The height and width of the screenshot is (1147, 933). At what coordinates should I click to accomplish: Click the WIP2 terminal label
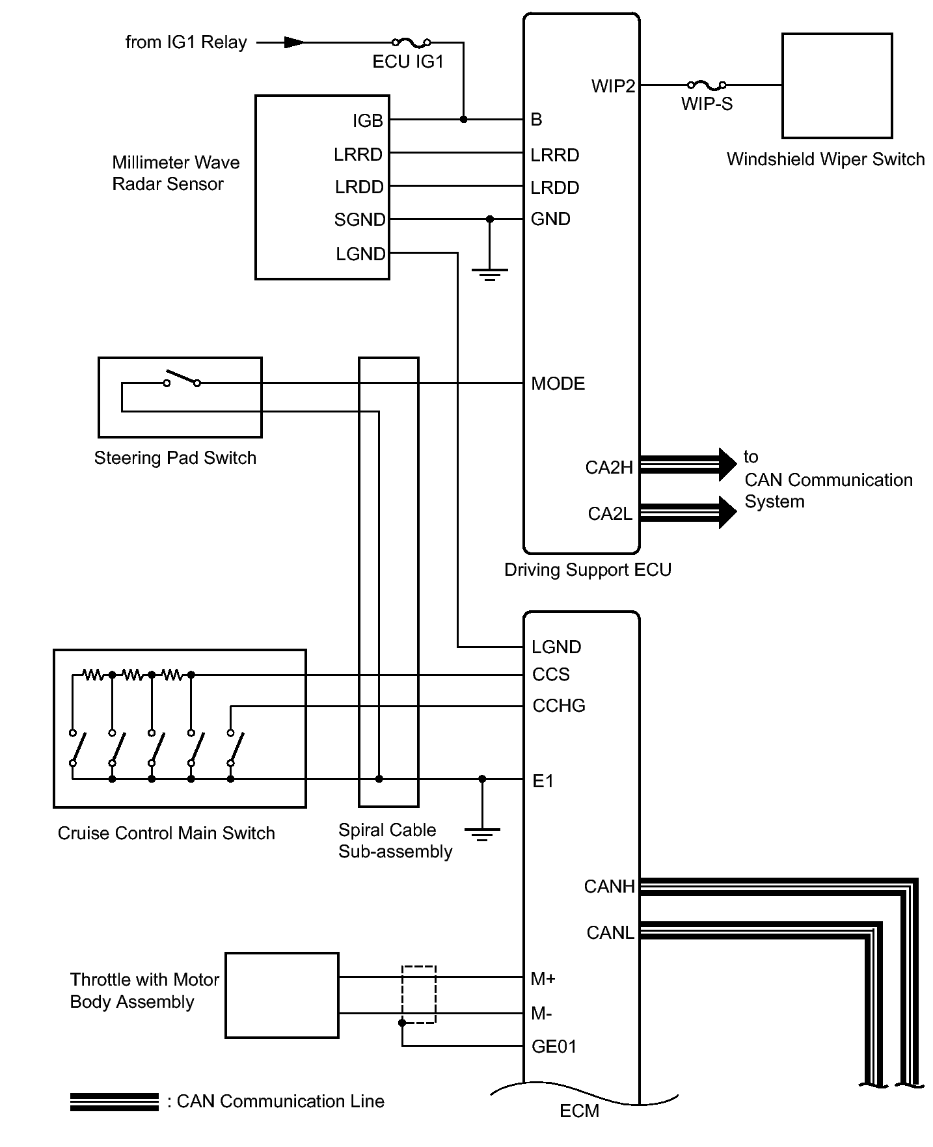[x=613, y=86]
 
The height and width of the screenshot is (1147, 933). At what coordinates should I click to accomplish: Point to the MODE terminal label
[x=558, y=384]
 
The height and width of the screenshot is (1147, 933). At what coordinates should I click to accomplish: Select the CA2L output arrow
[x=688, y=512]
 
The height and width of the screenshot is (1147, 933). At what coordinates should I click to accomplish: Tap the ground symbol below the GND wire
[x=490, y=274]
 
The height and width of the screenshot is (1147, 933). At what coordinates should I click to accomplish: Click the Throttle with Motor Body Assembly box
[x=282, y=995]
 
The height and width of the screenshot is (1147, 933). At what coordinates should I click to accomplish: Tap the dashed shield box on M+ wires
[x=419, y=995]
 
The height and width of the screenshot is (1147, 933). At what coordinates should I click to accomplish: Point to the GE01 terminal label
[x=554, y=1046]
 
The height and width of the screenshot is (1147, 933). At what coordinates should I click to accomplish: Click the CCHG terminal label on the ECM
[x=559, y=706]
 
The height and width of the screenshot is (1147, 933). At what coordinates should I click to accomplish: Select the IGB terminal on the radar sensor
[x=368, y=121]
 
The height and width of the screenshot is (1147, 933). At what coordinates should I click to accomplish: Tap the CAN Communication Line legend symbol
[x=115, y=1101]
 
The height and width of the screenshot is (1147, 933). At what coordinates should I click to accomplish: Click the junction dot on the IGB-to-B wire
[x=463, y=120]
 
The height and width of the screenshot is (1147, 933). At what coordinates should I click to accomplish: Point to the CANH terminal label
[x=609, y=887]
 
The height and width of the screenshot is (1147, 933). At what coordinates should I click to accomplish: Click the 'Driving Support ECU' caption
[x=588, y=571]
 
